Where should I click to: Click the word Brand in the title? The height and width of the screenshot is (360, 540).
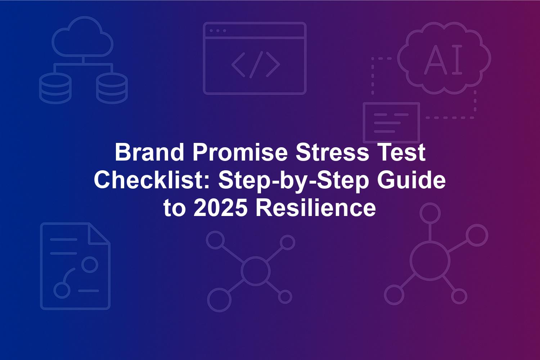[x=149, y=152]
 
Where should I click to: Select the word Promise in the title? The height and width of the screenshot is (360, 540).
[x=240, y=152]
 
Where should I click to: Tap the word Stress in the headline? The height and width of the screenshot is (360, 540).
[x=332, y=152]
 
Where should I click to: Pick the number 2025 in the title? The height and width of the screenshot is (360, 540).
[x=220, y=208]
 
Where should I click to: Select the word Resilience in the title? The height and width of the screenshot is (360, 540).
[x=316, y=208]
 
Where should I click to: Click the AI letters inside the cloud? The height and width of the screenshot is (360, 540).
[x=443, y=59]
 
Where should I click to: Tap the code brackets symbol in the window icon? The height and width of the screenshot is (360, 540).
[x=256, y=64]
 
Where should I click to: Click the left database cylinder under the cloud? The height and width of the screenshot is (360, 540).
[x=55, y=88]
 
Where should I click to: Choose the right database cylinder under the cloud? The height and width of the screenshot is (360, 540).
[x=112, y=88]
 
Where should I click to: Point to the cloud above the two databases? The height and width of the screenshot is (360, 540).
[x=82, y=37]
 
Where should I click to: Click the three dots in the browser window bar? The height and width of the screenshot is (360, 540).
[x=218, y=31]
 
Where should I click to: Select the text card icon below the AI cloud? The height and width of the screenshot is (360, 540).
[x=391, y=122]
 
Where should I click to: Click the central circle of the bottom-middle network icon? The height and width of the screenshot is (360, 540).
[x=255, y=271]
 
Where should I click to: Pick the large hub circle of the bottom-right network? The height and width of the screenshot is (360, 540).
[x=430, y=262]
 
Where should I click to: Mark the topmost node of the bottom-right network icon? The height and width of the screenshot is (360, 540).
[x=430, y=213]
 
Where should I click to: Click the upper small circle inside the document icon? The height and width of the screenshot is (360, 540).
[x=90, y=265]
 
